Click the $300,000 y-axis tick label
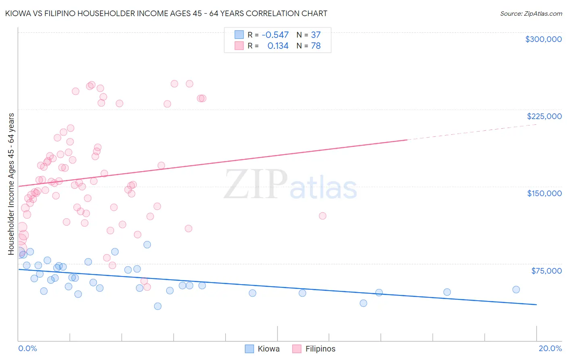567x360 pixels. click(543, 39)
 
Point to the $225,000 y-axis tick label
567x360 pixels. click(544, 116)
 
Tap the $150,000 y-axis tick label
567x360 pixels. click(544, 193)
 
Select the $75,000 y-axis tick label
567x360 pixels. click(546, 271)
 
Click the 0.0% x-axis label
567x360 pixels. click(27, 348)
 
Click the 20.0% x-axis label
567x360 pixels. click(550, 348)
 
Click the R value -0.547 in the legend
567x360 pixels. click(275, 35)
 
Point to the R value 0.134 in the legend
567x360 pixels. click(278, 46)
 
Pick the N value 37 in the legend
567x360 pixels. click(316, 35)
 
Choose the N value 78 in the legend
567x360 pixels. click(316, 46)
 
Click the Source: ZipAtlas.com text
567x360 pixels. click(531, 13)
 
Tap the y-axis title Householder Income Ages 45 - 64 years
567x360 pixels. click(11, 184)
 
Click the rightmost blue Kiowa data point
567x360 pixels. click(516, 289)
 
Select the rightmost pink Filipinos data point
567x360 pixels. click(322, 216)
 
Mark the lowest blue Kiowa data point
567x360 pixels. click(158, 306)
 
